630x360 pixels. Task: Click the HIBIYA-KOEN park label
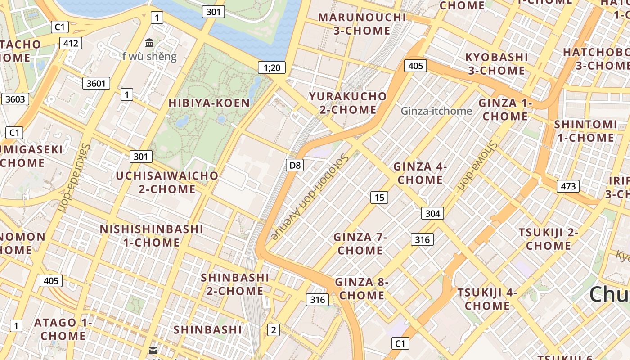click(x=209, y=103)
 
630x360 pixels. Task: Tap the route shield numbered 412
click(x=71, y=43)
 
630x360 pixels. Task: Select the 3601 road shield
click(x=96, y=83)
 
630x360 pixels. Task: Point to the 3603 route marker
click(x=15, y=99)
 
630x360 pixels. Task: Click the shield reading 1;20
click(x=272, y=68)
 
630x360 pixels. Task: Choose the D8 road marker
click(x=295, y=165)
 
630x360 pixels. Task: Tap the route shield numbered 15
click(x=379, y=197)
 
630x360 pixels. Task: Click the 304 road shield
click(x=432, y=213)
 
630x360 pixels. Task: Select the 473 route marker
click(x=568, y=186)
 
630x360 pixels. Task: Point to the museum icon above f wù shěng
click(x=149, y=43)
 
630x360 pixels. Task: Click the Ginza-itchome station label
click(x=436, y=111)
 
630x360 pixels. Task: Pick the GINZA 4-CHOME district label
click(x=420, y=173)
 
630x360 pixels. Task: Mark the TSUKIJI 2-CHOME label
click(x=549, y=239)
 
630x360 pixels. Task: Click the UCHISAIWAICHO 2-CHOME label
click(x=167, y=182)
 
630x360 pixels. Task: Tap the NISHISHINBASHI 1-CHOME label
click(x=152, y=236)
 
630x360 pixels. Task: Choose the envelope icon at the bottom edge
click(x=153, y=351)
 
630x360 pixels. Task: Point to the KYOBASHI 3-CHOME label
click(x=496, y=64)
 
